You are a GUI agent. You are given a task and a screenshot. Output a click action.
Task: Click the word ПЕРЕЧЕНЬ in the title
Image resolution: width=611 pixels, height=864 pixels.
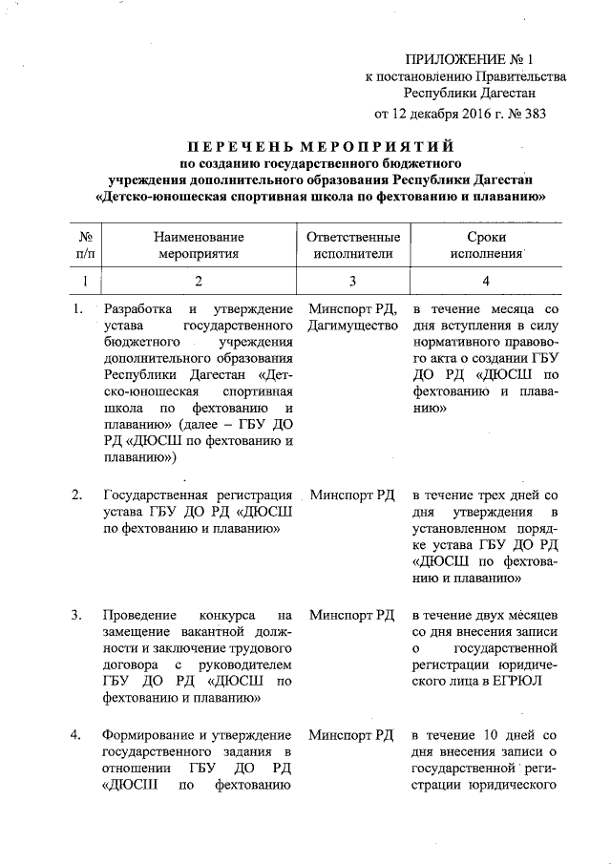239,148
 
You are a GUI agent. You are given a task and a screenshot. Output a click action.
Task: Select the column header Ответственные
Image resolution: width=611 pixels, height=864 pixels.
352,237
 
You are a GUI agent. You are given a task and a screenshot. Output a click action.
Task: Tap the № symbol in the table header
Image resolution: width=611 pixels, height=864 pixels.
85,237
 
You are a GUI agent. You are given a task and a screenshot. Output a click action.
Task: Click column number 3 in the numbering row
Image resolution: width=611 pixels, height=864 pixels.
352,281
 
